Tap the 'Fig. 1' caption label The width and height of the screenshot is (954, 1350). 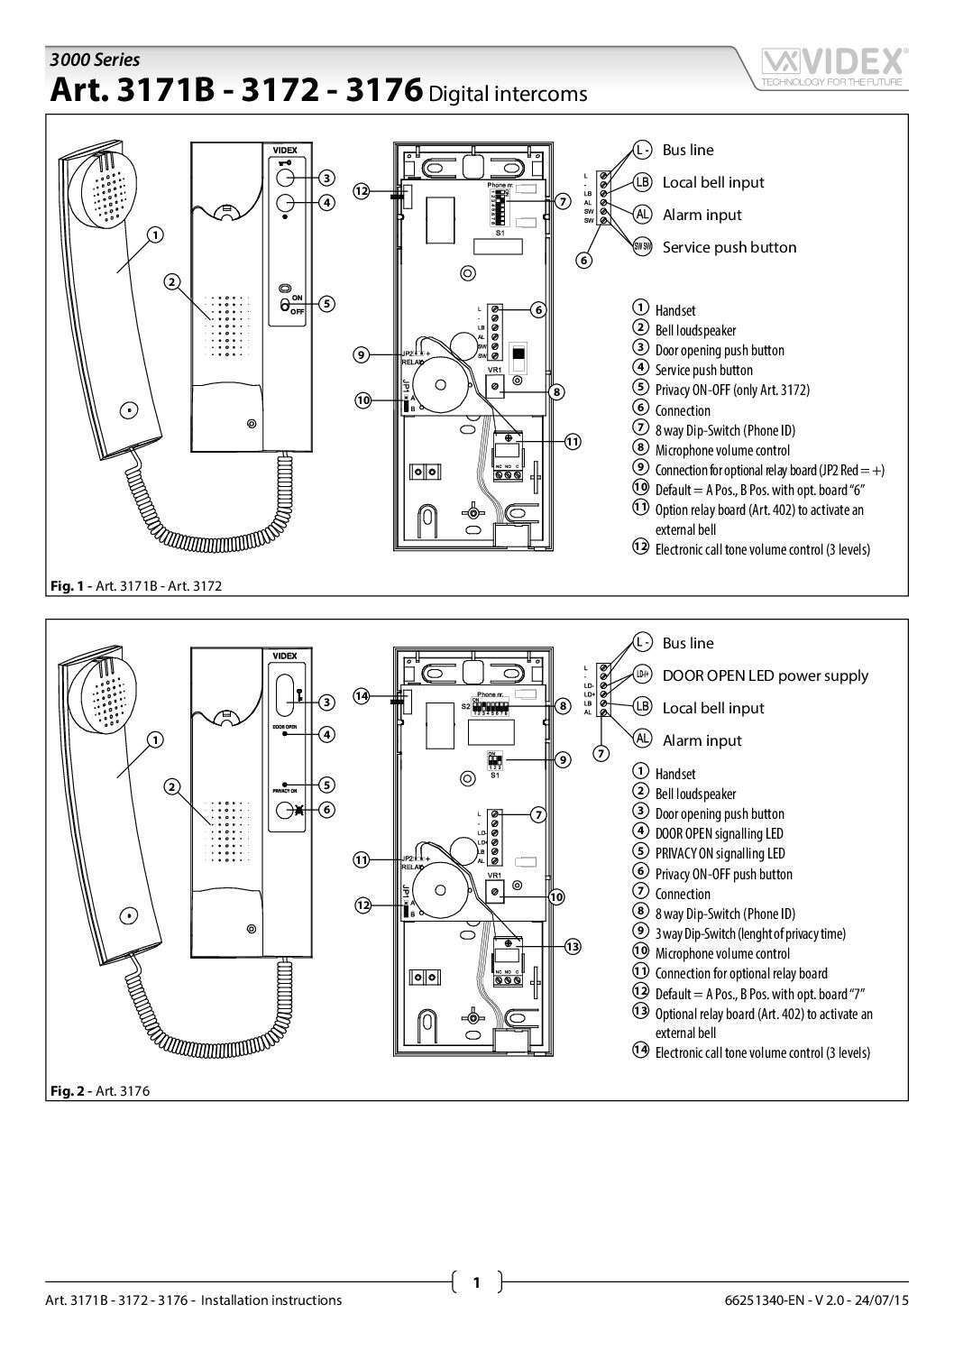click(63, 585)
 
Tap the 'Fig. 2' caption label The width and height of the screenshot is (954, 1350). click(63, 1090)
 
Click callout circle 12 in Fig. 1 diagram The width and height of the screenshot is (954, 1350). click(361, 191)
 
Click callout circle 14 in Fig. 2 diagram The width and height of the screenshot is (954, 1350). click(361, 695)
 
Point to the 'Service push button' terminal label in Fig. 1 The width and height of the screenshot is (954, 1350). click(729, 247)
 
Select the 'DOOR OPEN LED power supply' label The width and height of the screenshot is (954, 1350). click(765, 675)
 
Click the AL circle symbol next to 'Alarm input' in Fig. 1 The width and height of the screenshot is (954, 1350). click(642, 215)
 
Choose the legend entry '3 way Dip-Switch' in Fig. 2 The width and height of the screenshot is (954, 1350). click(749, 933)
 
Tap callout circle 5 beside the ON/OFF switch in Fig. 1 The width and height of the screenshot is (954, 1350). click(327, 304)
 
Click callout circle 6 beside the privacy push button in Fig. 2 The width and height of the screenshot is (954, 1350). click(327, 810)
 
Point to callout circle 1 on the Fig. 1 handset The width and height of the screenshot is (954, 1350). click(155, 235)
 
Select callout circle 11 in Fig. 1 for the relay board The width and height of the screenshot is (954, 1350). click(573, 442)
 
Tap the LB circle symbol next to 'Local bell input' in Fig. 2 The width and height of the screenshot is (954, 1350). click(642, 708)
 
